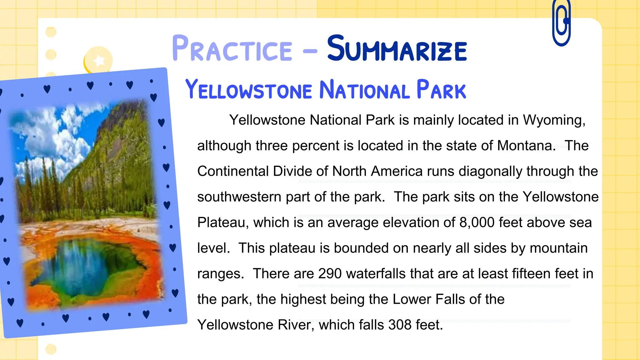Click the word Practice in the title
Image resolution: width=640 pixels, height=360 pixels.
pos(232,49)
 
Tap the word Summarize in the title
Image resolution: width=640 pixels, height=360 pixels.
pos(397,49)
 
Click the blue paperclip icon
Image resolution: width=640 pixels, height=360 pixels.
pos(562,23)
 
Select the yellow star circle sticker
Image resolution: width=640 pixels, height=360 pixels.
pos(99,60)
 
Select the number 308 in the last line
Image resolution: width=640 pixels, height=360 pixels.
pos(400,325)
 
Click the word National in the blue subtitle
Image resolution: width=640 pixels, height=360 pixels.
pos(364,90)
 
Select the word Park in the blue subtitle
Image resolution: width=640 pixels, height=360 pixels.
pos(441,90)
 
